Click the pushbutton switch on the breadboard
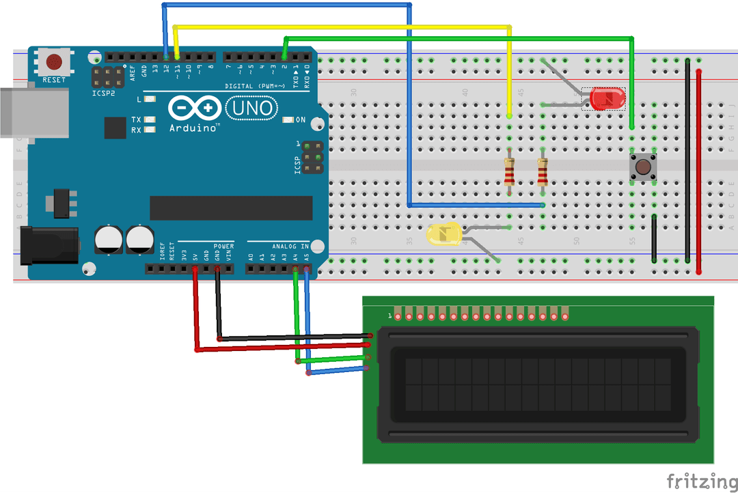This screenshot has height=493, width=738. (x=642, y=167)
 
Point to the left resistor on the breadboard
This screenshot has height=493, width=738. (x=510, y=172)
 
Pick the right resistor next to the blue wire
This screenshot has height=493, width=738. (x=543, y=172)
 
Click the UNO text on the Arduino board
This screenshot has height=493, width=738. (x=251, y=108)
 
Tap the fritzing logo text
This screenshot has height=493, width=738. (x=701, y=481)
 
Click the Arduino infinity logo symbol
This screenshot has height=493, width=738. (x=194, y=108)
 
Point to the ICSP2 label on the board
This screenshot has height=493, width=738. (x=104, y=94)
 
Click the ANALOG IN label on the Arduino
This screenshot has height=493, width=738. (x=290, y=246)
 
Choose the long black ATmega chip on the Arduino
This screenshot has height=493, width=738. (x=231, y=208)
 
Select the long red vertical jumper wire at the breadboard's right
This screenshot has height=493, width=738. (x=698, y=171)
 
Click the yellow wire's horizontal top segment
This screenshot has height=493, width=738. (x=342, y=27)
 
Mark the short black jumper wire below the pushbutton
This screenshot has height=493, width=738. (x=655, y=239)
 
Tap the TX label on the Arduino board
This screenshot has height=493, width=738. (x=137, y=119)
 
